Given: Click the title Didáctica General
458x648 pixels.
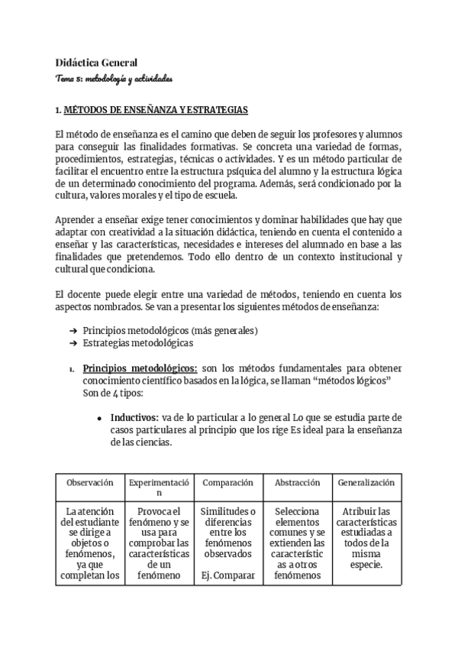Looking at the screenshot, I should point(96,63).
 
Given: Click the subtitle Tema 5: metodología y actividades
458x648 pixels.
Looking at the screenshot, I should point(114,78).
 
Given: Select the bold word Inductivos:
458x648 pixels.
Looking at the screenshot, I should point(134,418).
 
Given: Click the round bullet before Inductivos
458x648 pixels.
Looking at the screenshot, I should point(100,419).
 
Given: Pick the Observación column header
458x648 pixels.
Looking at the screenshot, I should point(90,483).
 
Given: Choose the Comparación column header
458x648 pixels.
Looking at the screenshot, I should point(227,483).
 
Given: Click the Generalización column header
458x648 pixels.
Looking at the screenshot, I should point(366,483).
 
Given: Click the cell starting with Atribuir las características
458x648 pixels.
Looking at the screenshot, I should point(366,538).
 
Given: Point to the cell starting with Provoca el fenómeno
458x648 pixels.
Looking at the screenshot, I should point(159,543).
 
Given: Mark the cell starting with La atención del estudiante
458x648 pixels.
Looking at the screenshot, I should point(90,543).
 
